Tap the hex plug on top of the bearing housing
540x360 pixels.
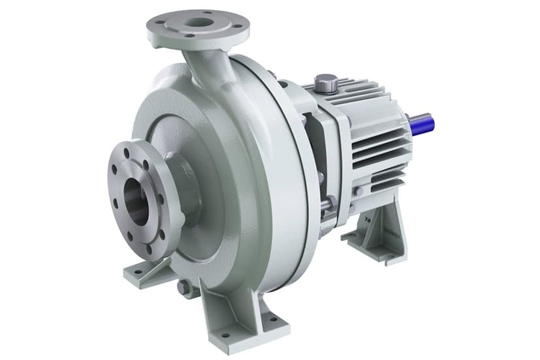tap(326, 83)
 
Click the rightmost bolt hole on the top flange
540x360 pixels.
tap(238, 25)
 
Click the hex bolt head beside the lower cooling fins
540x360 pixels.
tap(358, 191)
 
